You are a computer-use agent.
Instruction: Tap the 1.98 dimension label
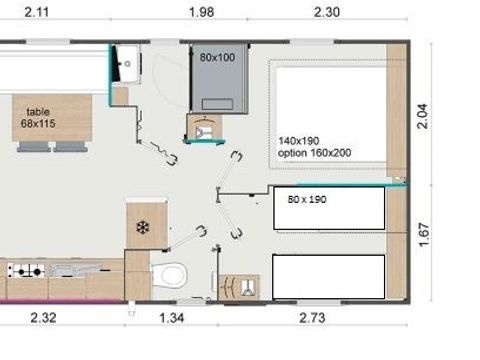[201, 12]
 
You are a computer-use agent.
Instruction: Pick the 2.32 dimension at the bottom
[42, 319]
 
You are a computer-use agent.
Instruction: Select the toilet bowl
[169, 271]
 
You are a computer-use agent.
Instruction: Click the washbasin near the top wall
[126, 63]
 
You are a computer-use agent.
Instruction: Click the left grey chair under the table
[31, 146]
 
